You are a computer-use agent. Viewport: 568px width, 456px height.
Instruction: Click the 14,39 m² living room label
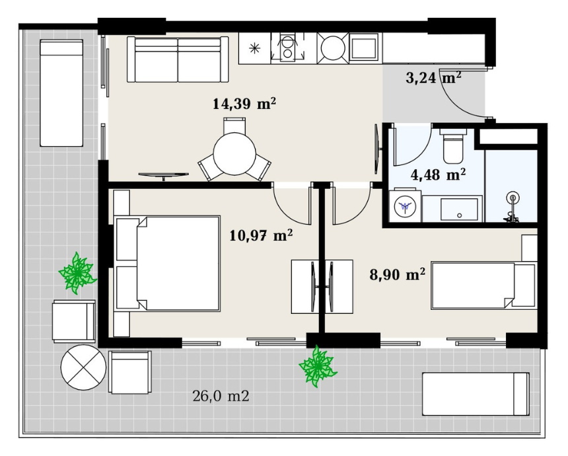(x=244, y=104)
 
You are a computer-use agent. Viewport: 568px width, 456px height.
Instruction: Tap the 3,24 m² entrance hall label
(x=433, y=77)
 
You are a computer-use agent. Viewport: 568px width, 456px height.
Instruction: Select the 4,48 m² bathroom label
(x=438, y=174)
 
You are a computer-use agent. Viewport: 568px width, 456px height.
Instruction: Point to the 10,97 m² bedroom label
(x=261, y=236)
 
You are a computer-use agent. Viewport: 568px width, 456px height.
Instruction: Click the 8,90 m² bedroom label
(x=398, y=274)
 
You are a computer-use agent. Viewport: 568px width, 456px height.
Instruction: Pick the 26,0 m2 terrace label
(x=221, y=396)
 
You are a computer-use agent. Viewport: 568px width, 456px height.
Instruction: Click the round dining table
(x=234, y=154)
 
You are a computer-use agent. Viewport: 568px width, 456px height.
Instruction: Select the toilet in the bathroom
(x=453, y=146)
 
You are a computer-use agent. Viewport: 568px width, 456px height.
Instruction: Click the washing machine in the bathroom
(x=406, y=206)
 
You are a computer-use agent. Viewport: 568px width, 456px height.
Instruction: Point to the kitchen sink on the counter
(x=364, y=46)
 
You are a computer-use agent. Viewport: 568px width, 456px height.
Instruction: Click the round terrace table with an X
(x=84, y=367)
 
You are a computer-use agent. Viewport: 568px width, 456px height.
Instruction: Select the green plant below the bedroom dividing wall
(x=317, y=366)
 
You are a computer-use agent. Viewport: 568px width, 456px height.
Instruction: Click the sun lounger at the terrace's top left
(x=61, y=93)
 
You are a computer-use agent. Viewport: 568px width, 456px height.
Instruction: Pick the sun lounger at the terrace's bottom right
(x=476, y=394)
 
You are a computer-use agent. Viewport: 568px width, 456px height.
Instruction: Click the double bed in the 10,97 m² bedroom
(x=167, y=264)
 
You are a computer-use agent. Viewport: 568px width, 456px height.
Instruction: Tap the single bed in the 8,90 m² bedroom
(x=483, y=286)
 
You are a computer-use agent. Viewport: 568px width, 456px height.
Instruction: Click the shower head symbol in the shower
(x=513, y=198)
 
